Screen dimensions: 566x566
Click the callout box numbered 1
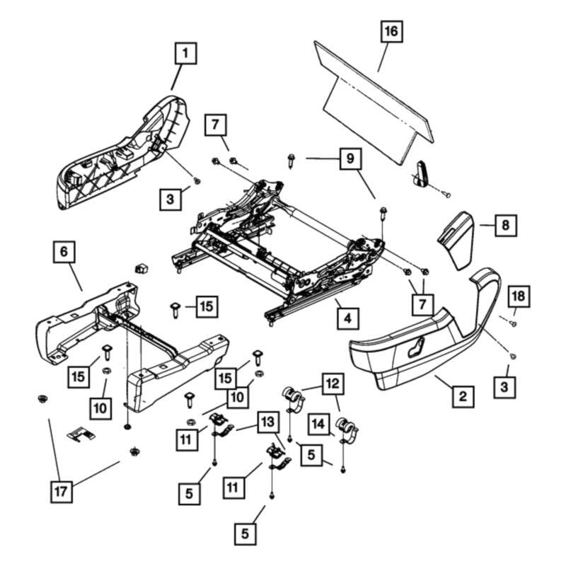185,53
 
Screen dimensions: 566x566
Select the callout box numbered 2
462,395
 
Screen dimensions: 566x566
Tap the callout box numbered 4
347,318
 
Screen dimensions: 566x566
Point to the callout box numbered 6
64,252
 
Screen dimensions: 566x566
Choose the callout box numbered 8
504,226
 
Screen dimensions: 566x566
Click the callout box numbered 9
349,159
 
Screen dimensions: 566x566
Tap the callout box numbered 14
318,424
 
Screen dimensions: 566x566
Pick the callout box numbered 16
391,33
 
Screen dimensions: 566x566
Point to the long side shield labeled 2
417,347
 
